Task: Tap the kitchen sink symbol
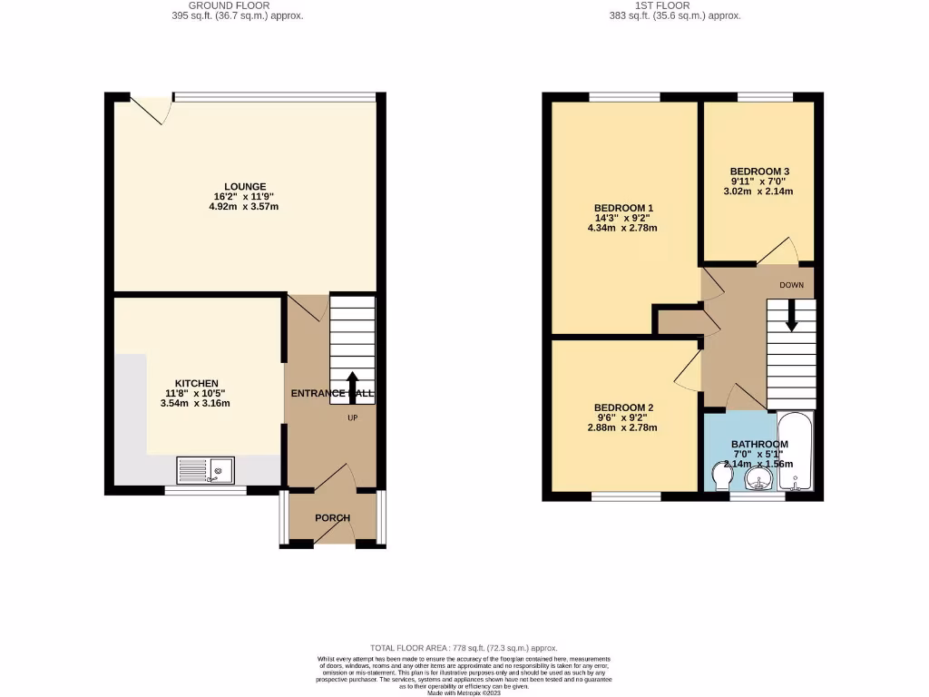click(x=205, y=470)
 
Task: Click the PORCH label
click(x=332, y=518)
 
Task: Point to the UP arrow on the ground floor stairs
click(x=352, y=384)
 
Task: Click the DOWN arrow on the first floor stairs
click(x=790, y=317)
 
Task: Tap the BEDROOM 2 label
click(x=624, y=407)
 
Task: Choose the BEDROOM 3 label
click(x=759, y=172)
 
